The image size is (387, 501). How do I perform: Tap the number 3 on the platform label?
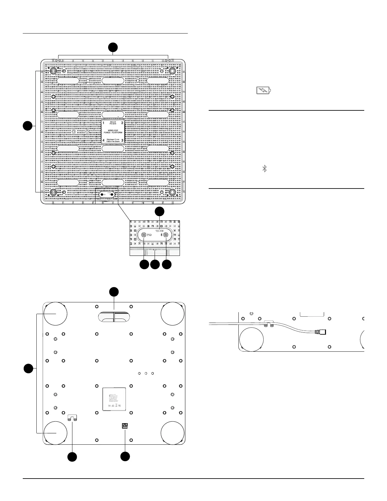pyautogui.click(x=122, y=140)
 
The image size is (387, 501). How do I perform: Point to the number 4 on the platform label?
pyautogui.click(x=104, y=140)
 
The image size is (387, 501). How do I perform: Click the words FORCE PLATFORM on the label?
pyautogui.click(x=113, y=133)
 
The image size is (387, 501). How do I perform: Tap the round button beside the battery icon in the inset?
pyautogui.click(x=144, y=235)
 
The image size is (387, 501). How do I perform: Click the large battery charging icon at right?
pyautogui.click(x=264, y=91)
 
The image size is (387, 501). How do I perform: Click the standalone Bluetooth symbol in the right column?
pyautogui.click(x=265, y=169)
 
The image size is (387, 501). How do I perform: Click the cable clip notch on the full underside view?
pyautogui.click(x=73, y=418)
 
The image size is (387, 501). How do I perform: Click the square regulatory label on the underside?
pyautogui.click(x=114, y=399)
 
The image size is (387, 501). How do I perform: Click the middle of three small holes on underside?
pyautogui.click(x=146, y=374)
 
